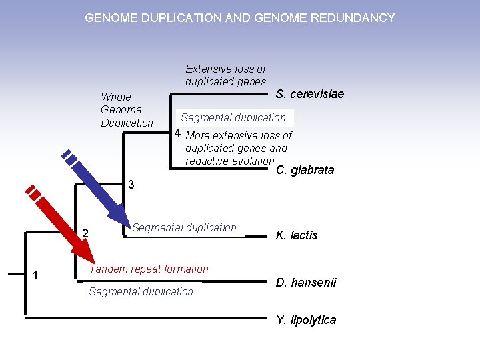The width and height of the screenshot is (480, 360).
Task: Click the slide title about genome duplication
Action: (240, 18)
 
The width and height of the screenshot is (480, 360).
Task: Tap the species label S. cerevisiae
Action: (310, 94)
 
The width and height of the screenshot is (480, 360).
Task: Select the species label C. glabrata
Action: (305, 171)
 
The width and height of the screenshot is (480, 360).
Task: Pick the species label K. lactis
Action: (297, 235)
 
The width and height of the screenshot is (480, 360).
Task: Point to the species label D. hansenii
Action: (306, 283)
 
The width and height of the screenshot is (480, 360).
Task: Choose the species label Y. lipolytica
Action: (306, 320)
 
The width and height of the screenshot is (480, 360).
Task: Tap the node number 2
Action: (85, 233)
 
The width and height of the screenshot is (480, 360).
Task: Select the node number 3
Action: (131, 185)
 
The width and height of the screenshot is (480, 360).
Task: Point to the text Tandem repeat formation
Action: (149, 269)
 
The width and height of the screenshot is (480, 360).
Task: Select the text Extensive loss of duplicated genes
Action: (225, 75)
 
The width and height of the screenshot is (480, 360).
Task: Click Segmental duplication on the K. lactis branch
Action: (185, 228)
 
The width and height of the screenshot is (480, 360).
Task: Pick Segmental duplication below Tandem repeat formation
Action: (141, 292)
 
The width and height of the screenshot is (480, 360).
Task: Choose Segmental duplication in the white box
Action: (233, 118)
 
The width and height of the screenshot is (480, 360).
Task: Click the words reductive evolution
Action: (229, 161)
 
